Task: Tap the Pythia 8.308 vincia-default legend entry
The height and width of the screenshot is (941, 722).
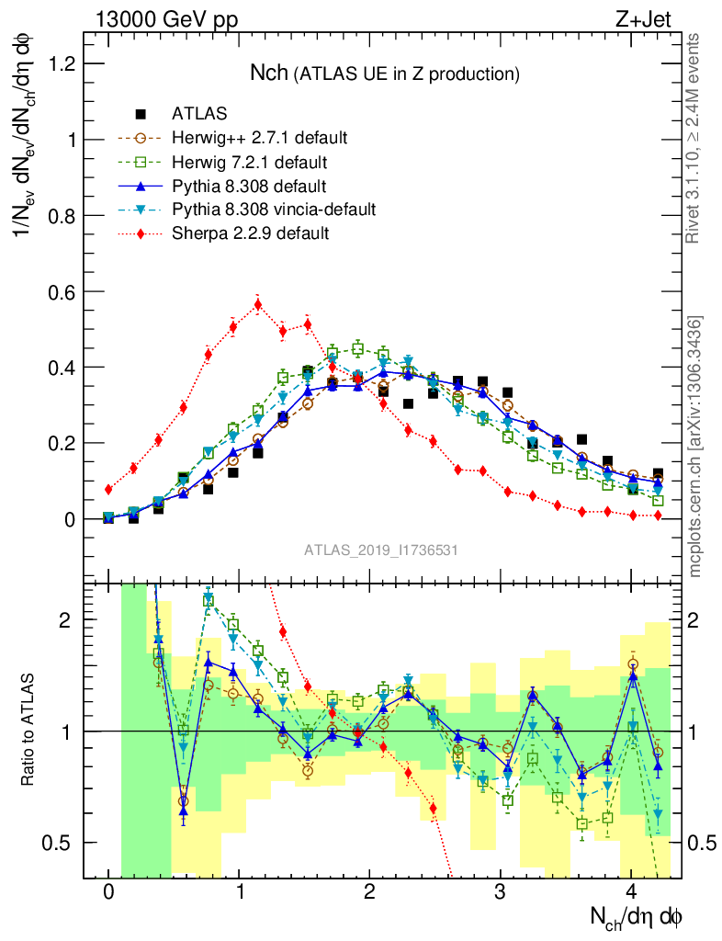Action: click(x=274, y=210)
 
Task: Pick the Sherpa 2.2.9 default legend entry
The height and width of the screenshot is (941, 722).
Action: click(x=250, y=233)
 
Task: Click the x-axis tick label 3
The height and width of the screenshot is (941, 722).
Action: click(x=501, y=892)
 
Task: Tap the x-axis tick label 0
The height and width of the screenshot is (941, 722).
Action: click(x=108, y=892)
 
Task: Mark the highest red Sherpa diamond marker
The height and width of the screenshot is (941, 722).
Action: click(x=258, y=304)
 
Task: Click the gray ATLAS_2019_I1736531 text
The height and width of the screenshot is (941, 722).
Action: click(x=381, y=550)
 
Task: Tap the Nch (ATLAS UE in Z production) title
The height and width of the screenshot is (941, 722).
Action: click(x=386, y=73)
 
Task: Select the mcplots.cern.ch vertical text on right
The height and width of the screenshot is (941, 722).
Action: click(x=695, y=447)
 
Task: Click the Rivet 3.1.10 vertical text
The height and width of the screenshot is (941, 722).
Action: click(x=695, y=138)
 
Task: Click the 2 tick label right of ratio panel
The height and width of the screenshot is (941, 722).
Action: click(x=694, y=619)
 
